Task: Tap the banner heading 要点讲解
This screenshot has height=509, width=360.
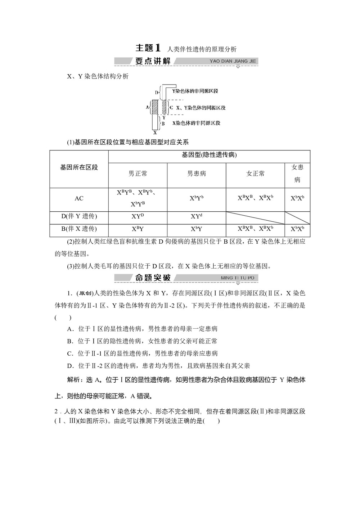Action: coord(153,61)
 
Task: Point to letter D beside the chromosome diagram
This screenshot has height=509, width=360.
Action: coord(157,93)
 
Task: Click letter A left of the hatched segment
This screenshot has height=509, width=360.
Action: coord(147,107)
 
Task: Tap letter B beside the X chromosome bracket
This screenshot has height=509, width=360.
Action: coord(163,123)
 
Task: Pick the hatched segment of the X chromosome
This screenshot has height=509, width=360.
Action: coord(155,107)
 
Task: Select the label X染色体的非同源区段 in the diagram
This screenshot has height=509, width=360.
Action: coord(196,123)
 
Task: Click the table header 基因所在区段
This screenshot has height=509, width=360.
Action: coord(79,167)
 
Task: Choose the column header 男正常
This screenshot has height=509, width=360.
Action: coord(138,174)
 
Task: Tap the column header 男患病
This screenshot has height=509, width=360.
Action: coord(197,174)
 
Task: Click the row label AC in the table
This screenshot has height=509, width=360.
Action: coord(79,198)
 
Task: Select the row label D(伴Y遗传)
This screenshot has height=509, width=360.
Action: coord(79,216)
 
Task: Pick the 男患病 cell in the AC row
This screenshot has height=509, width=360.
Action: coord(197,198)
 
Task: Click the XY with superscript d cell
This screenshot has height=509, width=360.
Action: coord(197,216)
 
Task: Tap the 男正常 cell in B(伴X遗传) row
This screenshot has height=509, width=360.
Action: coord(138,229)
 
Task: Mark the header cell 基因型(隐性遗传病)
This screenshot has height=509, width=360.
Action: coord(209,155)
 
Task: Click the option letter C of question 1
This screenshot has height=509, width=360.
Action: coord(70,353)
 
